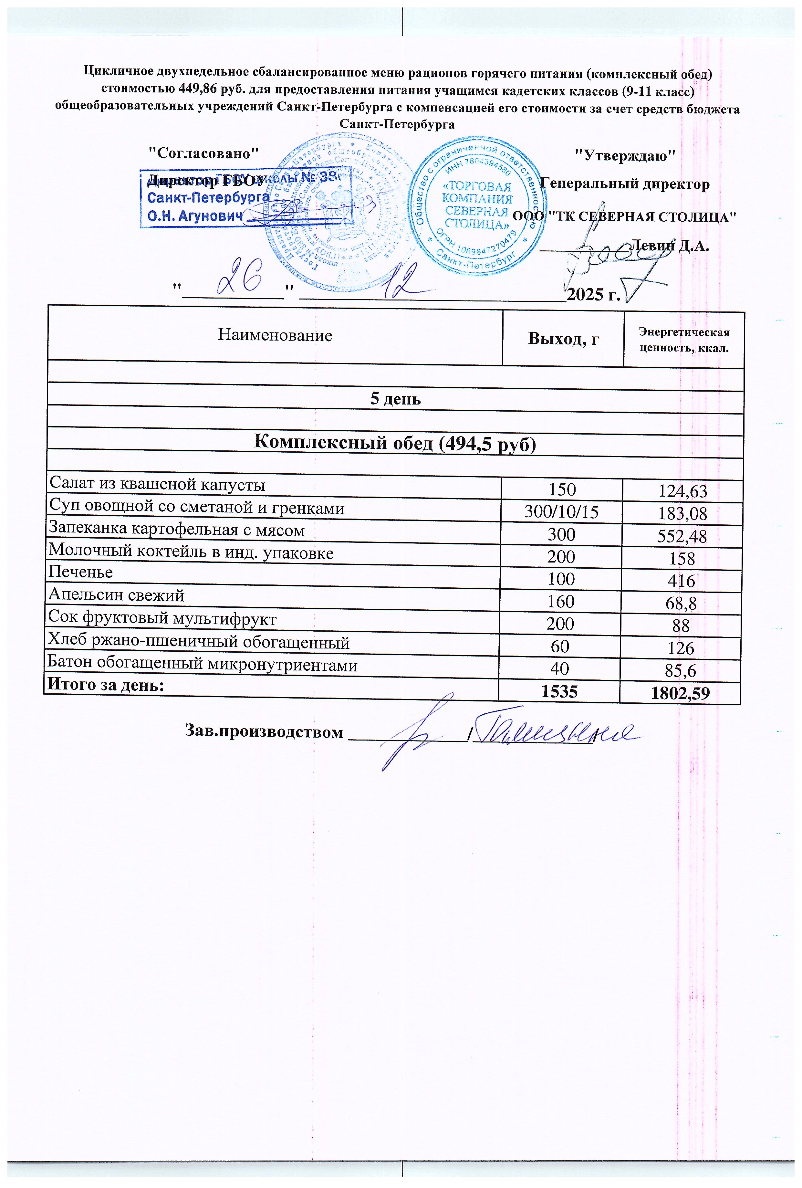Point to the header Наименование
[275, 335]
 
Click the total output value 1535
[559, 692]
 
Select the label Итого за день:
[106, 685]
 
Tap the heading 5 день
[395, 399]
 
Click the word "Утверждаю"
[625, 155]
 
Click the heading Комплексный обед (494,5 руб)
[395, 443]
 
